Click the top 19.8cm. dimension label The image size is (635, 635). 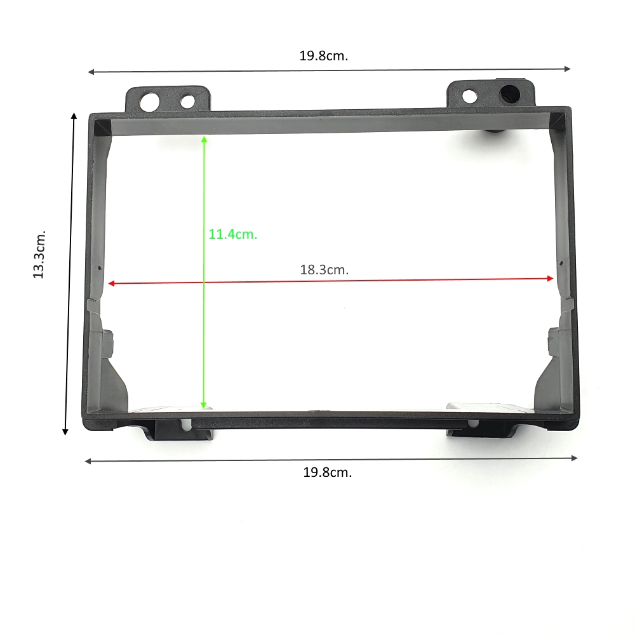[x=324, y=56]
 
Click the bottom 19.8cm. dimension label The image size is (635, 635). [x=328, y=472]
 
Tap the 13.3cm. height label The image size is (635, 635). [x=39, y=255]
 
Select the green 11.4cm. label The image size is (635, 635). [x=233, y=234]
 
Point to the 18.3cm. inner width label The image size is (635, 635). [x=324, y=270]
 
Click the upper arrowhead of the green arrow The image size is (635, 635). [x=204, y=139]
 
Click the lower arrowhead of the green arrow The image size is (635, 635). [x=204, y=405]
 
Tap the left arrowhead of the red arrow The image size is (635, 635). [x=112, y=283]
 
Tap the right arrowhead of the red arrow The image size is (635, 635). [x=550, y=278]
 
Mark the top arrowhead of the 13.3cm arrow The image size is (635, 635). [x=74, y=116]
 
